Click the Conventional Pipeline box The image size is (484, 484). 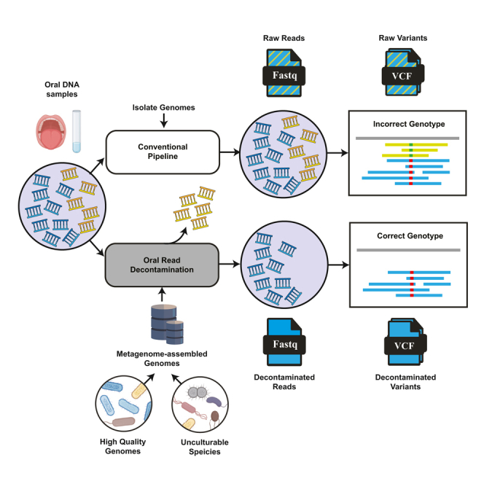point(163,152)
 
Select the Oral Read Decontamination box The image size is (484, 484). point(162,265)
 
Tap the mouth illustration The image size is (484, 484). point(50,132)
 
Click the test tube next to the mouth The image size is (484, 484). point(77,131)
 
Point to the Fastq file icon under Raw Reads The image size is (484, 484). point(284,73)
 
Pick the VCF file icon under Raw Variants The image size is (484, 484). point(403,72)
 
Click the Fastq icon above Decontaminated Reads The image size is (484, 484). point(284,342)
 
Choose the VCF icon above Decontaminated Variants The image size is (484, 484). point(405,342)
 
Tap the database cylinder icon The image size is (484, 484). point(168,324)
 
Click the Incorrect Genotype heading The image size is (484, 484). point(409,124)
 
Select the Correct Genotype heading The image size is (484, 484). point(410,236)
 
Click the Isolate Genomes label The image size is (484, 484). point(163,107)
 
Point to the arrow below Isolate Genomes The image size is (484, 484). point(164,120)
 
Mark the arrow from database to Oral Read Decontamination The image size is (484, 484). point(162,294)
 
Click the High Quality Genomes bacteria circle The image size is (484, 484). point(124,403)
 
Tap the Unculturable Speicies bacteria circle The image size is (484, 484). point(200,404)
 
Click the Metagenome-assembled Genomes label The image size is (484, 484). point(162,359)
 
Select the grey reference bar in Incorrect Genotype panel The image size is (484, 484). point(407,138)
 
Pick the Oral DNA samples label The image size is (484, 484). point(62,89)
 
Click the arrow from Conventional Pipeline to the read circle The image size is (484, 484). point(230,152)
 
